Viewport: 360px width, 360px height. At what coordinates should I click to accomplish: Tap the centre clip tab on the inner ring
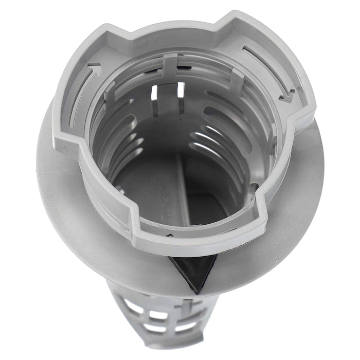pyautogui.click(x=170, y=64)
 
